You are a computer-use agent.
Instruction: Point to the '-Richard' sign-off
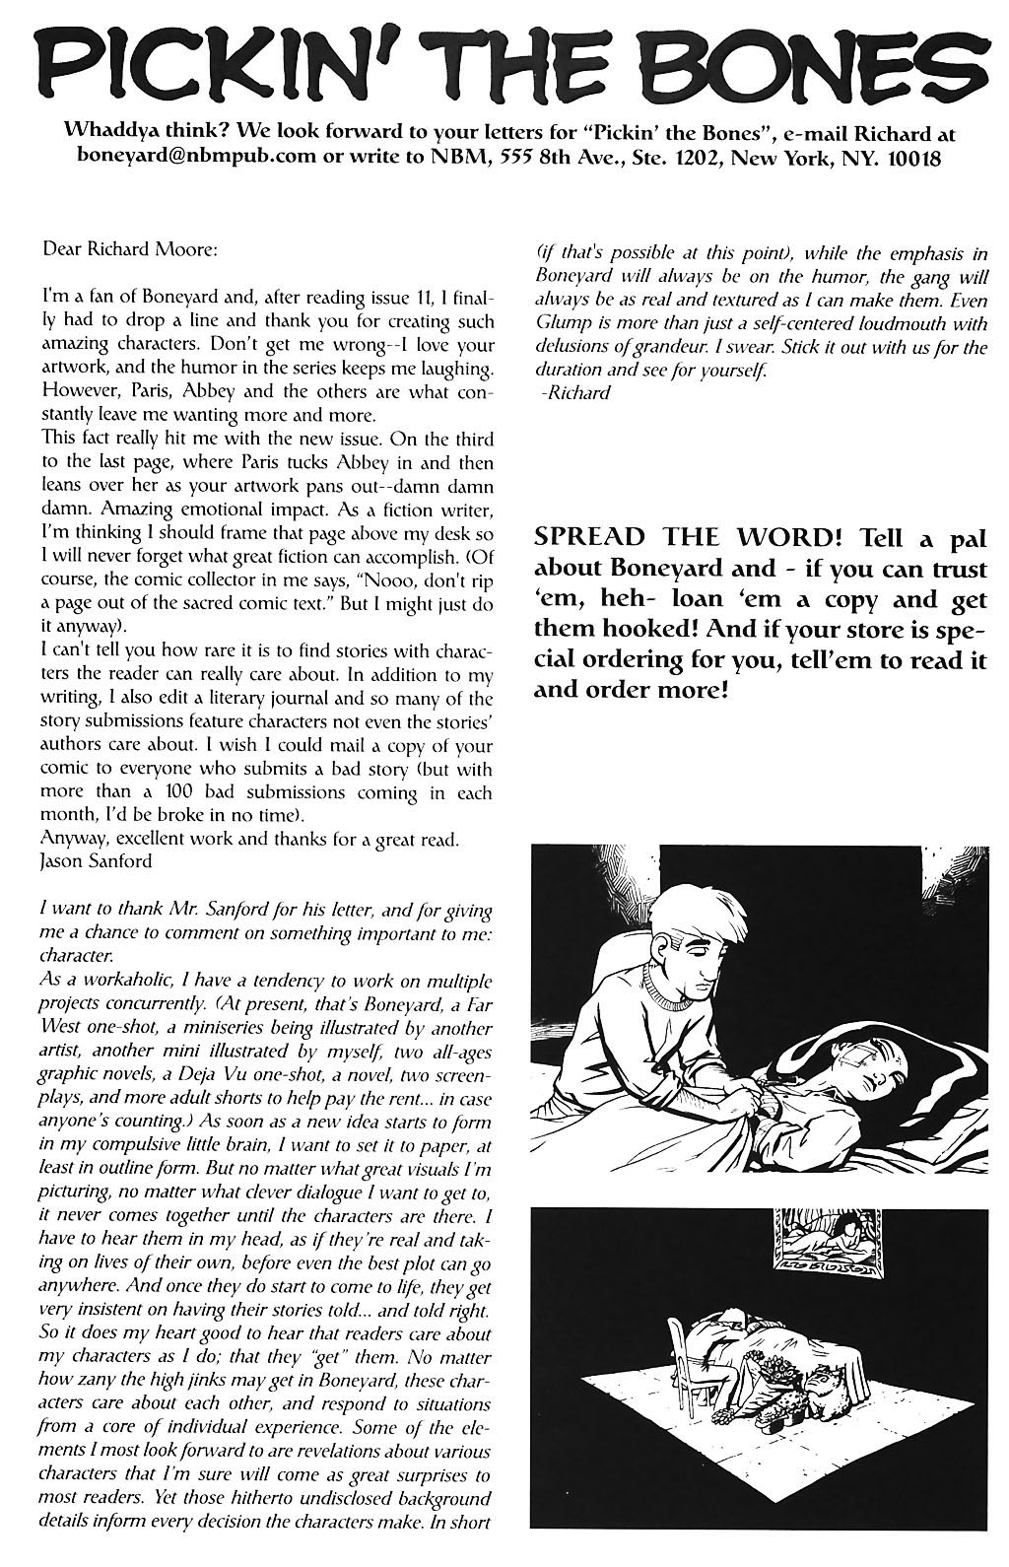click(575, 393)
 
